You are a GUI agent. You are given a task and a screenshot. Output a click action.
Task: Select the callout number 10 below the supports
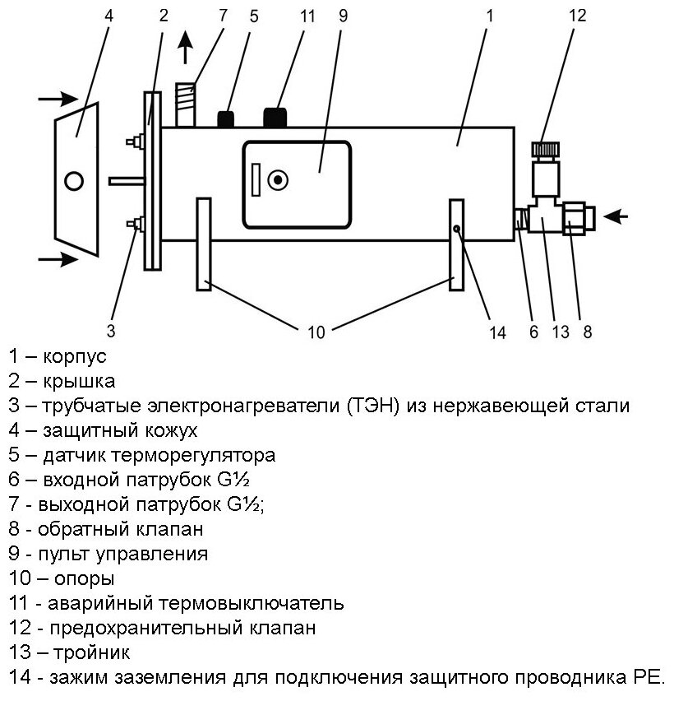[316, 332]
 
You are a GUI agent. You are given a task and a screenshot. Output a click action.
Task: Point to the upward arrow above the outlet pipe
[187, 49]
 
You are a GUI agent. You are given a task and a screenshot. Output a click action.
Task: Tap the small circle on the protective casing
[75, 180]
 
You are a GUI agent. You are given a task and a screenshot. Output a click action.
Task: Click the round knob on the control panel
[279, 179]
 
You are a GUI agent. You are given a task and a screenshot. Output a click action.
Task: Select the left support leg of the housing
[204, 244]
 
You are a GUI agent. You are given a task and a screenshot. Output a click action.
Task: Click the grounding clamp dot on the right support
[455, 230]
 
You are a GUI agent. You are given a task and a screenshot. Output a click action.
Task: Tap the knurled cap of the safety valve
[545, 151]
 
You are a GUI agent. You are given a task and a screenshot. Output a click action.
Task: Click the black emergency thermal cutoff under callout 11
[275, 117]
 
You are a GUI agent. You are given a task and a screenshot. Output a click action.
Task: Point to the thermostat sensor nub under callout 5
[226, 119]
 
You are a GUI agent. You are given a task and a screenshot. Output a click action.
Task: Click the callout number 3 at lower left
[111, 332]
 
